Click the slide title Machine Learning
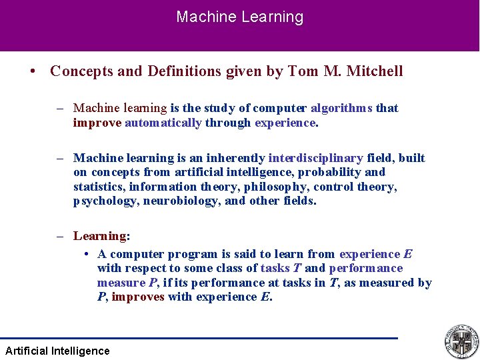pyautogui.click(x=239, y=17)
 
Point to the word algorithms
pyautogui.click(x=341, y=108)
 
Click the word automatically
pyautogui.click(x=163, y=123)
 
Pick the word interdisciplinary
pyautogui.click(x=316, y=158)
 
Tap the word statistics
pyautogui.click(x=99, y=187)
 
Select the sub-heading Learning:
pyautogui.click(x=101, y=236)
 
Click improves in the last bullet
pyautogui.click(x=138, y=297)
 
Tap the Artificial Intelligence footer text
pyautogui.click(x=57, y=351)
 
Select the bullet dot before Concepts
pyautogui.click(x=32, y=71)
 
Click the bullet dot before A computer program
pyautogui.click(x=87, y=255)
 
